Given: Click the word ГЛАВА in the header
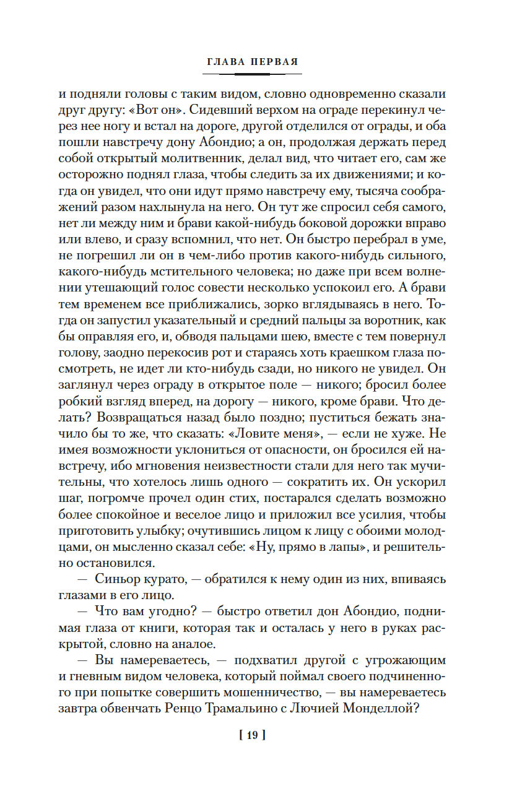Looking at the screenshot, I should click(226, 62).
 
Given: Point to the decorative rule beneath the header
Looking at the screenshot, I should click(252, 74).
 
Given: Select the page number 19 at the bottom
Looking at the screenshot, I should click(251, 735).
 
